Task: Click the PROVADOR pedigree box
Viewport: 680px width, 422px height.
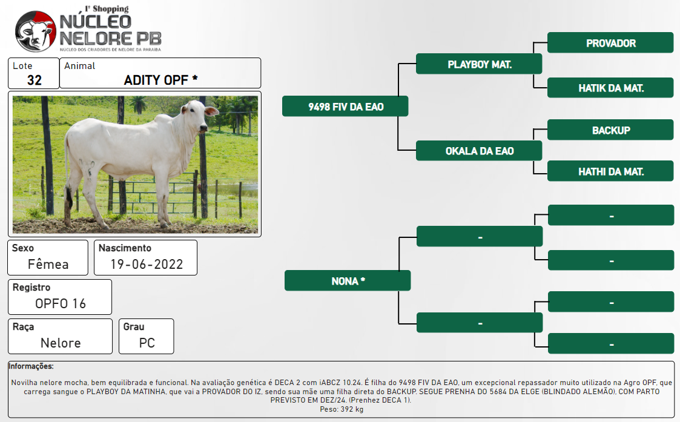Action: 610,42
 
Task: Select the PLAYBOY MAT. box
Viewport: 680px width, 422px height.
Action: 479,64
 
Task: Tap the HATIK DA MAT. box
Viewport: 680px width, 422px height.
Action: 610,88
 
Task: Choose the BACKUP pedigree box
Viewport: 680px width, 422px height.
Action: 610,130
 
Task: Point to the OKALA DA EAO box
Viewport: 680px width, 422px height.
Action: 479,151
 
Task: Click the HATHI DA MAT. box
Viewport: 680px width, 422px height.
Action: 610,171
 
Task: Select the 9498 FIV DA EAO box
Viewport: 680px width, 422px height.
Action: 345,107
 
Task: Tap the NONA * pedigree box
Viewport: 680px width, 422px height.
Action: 348,280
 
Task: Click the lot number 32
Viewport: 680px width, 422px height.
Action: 35,81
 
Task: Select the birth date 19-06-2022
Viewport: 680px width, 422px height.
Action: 147,264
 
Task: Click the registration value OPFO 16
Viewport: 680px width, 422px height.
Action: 61,303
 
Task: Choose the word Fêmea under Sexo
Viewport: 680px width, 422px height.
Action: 48,264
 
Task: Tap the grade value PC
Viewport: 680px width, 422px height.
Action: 147,343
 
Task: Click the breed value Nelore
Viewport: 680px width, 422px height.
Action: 61,343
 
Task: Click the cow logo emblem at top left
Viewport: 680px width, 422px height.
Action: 36,31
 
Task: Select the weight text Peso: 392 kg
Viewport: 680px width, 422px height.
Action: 342,409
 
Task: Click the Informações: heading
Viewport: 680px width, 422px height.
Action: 31,366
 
